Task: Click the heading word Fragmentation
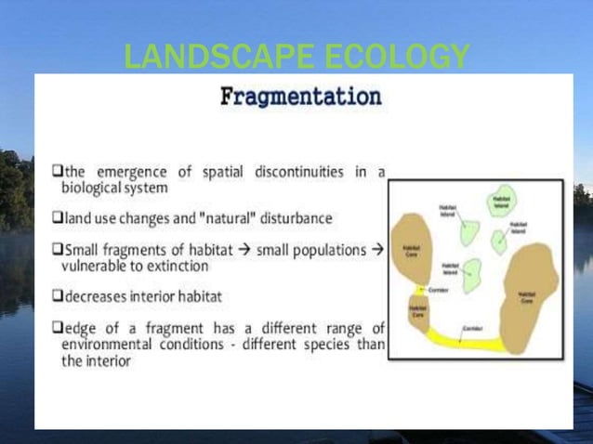coord(300,97)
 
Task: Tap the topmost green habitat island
coord(503,204)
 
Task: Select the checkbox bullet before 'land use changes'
coord(57,218)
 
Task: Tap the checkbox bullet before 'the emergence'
coord(57,172)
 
